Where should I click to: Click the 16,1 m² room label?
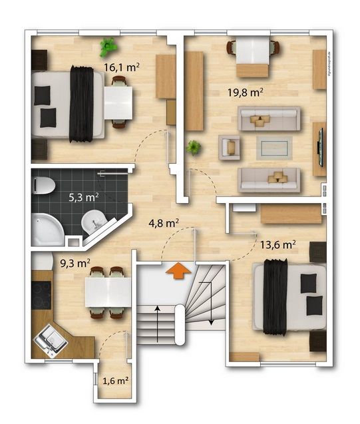point(121,67)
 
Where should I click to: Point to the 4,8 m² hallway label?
point(164,223)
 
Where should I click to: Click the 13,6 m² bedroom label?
point(280,244)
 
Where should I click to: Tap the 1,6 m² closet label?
point(115,381)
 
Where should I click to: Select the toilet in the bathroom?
point(44,184)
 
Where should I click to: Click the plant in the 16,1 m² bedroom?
point(108,47)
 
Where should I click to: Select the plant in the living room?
point(193,147)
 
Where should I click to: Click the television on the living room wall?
point(321,145)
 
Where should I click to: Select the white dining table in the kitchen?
point(108,292)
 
